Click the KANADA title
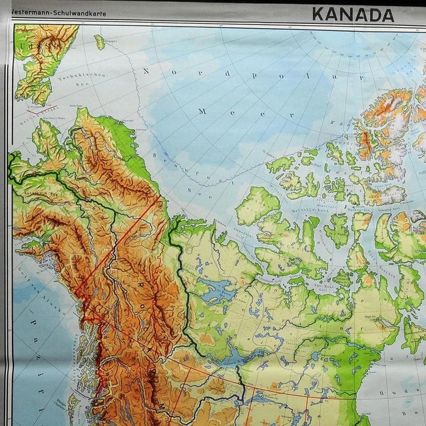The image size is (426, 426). [x=352, y=13]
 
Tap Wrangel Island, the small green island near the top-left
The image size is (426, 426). [x=99, y=42]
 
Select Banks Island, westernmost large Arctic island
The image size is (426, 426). [x=257, y=206]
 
